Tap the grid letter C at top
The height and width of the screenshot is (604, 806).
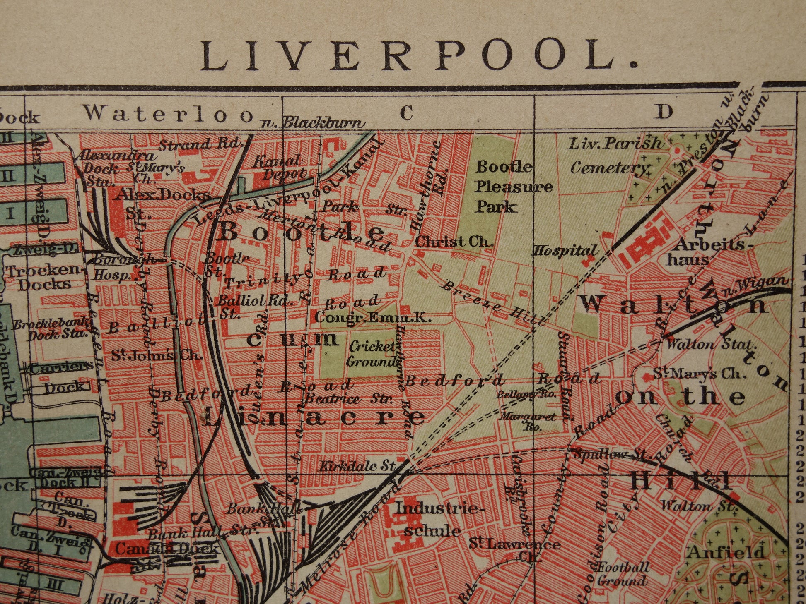coord(407,112)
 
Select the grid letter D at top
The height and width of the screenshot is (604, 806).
coord(664,112)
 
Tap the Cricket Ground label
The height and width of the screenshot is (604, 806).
coord(372,354)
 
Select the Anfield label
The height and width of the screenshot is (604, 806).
coord(726,552)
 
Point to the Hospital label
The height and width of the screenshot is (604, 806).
coord(565,251)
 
